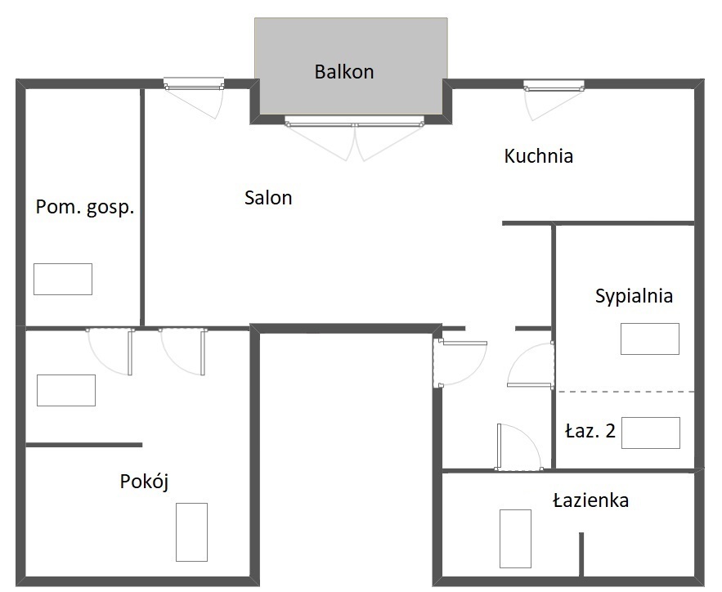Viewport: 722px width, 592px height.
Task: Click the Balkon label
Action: tap(344, 72)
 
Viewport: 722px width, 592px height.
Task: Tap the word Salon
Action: tap(268, 198)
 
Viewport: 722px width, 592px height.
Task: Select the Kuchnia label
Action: tap(538, 156)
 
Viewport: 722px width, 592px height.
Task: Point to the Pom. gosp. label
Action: tap(85, 207)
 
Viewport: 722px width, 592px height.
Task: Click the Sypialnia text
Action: tap(634, 296)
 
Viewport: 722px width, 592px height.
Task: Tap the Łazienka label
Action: tap(591, 500)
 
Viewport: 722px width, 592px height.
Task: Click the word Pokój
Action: tap(144, 482)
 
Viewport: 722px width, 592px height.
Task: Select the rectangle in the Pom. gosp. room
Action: tap(63, 279)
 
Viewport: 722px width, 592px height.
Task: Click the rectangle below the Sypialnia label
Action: tap(650, 339)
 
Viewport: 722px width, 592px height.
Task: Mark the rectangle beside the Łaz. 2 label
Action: tap(651, 433)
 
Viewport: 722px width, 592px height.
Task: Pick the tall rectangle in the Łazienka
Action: tap(516, 539)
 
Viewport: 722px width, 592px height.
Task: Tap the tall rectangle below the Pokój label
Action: tap(191, 532)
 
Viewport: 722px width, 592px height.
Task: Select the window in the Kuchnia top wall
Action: tap(554, 86)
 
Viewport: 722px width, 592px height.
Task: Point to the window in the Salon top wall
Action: tap(194, 84)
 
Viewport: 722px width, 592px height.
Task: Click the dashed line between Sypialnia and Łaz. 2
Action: tap(626, 392)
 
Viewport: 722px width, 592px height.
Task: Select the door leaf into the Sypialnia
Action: tap(530, 385)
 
